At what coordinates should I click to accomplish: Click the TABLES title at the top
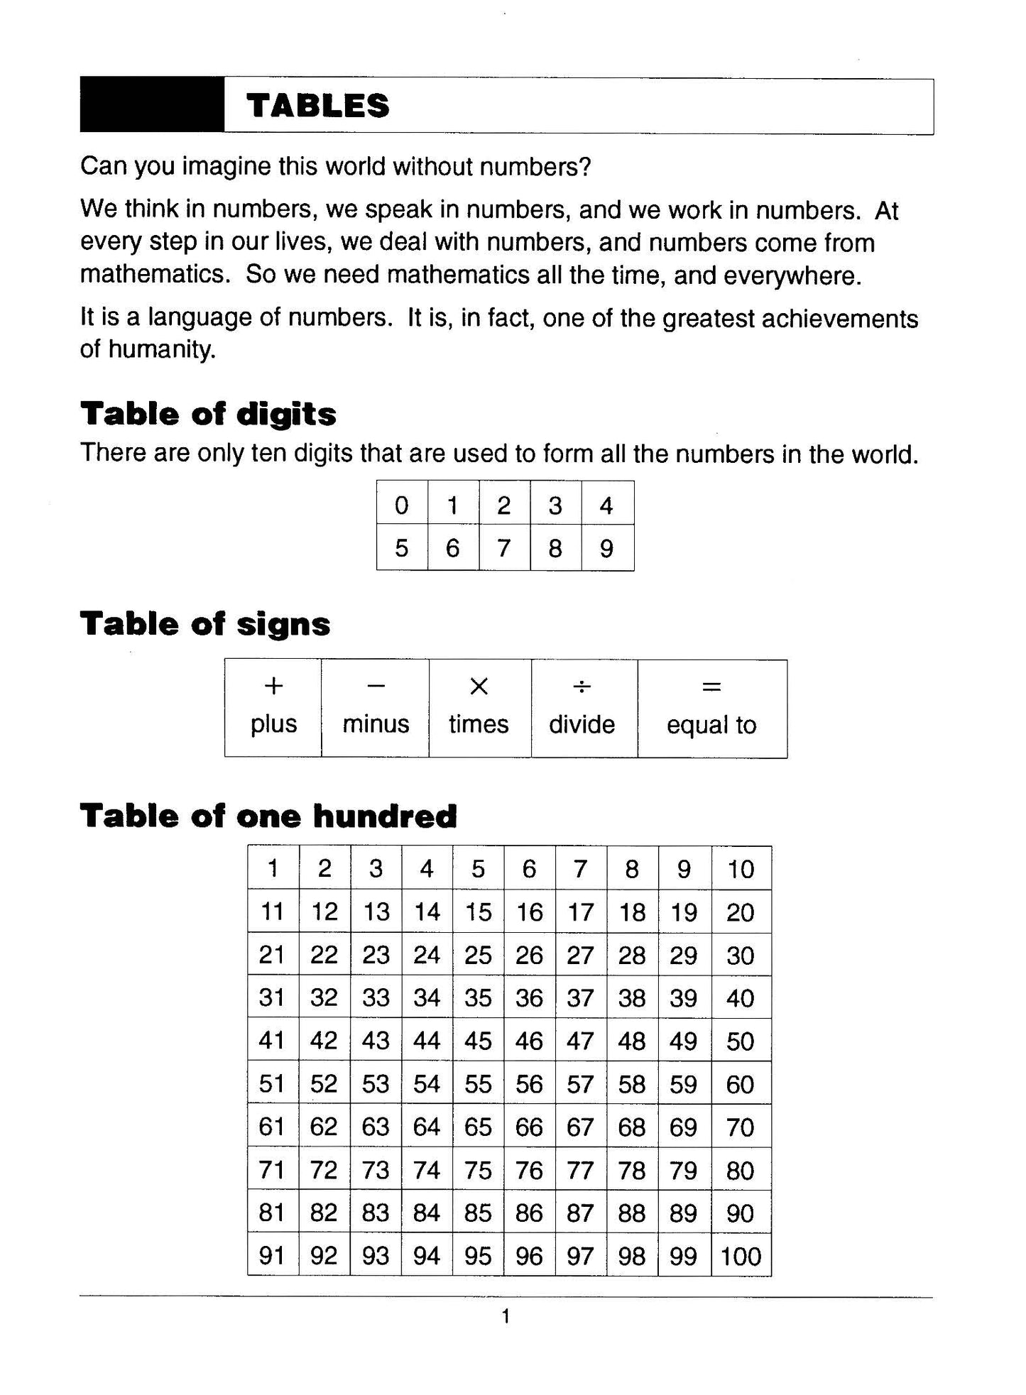click(x=317, y=106)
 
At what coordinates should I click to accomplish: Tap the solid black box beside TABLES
click(x=152, y=105)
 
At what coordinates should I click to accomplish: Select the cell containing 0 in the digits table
click(x=402, y=505)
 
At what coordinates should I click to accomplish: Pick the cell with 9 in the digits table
click(x=606, y=548)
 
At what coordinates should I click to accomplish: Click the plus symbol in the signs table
click(x=273, y=686)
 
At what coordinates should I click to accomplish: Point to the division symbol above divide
click(x=582, y=686)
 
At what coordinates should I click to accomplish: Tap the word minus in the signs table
click(x=376, y=724)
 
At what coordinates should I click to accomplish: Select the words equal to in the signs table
click(x=711, y=725)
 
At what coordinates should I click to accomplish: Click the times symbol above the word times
click(x=479, y=686)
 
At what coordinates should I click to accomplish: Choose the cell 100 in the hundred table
click(x=741, y=1257)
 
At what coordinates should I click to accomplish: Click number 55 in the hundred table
click(x=478, y=1084)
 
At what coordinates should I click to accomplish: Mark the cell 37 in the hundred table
click(x=580, y=998)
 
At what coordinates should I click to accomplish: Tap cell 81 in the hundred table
click(x=272, y=1213)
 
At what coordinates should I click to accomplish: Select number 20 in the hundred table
click(x=740, y=912)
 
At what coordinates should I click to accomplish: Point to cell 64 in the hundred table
click(x=427, y=1127)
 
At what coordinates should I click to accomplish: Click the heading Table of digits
click(x=208, y=414)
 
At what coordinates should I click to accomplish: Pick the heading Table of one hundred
click(x=268, y=816)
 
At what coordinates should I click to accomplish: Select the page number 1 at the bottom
click(x=506, y=1317)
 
